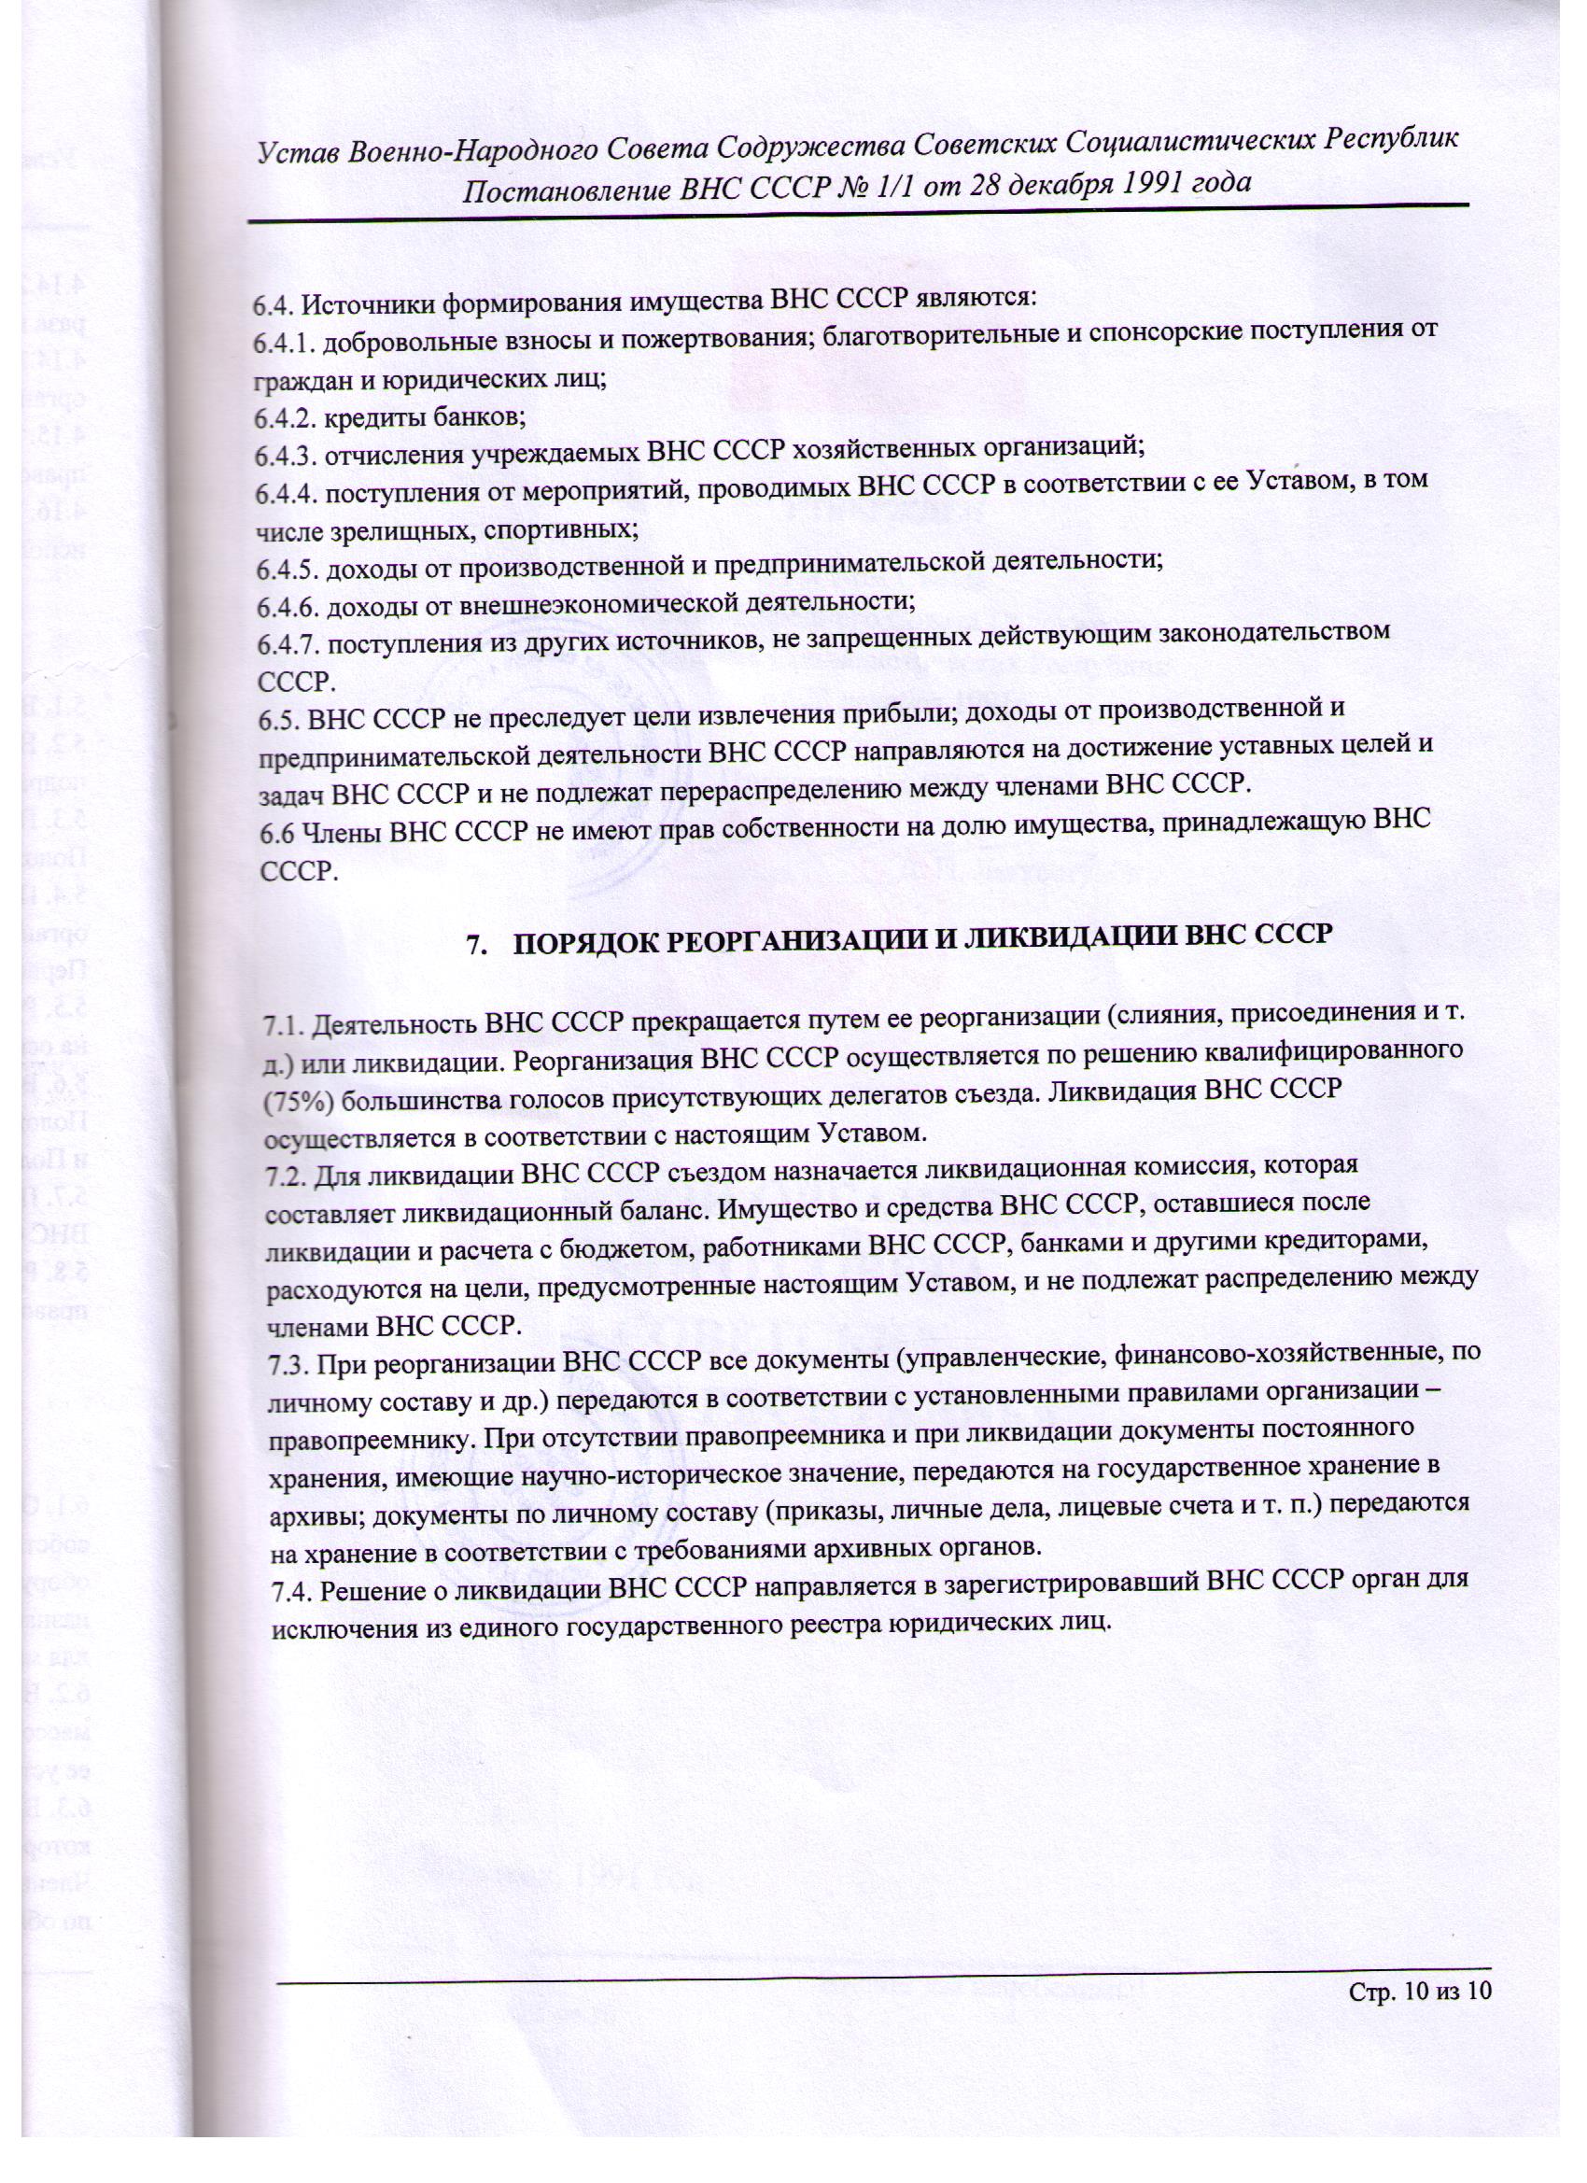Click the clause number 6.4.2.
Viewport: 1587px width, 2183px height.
[284, 418]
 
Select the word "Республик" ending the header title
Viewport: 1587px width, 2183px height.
[1390, 138]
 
